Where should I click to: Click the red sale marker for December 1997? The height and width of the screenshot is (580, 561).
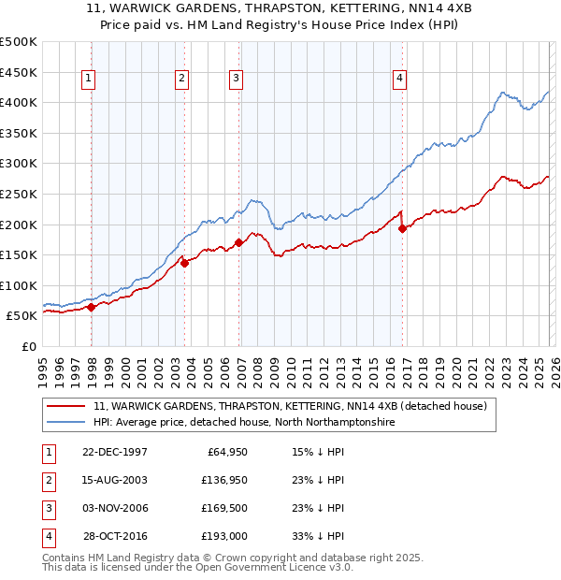click(92, 307)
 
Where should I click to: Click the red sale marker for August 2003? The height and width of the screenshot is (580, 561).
click(185, 263)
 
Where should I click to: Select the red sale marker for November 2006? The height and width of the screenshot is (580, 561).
click(238, 243)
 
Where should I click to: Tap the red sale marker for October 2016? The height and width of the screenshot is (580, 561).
click(403, 227)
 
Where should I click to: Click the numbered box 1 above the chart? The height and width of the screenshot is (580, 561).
click(88, 80)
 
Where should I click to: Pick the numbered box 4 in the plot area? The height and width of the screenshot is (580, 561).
click(399, 80)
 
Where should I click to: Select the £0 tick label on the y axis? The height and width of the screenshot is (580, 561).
click(29, 346)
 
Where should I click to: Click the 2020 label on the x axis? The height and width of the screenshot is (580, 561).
click(455, 365)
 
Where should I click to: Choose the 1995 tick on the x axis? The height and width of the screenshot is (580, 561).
click(43, 365)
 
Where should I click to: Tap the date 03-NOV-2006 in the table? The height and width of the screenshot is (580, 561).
click(115, 508)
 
